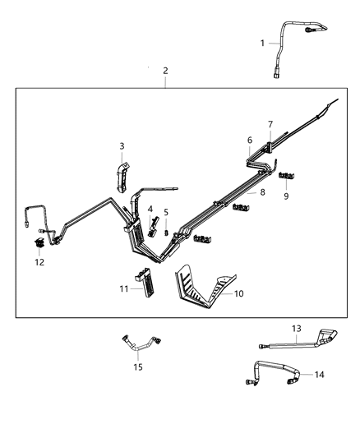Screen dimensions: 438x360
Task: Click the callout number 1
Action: coord(263,43)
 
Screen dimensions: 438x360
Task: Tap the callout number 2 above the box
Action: coord(165,71)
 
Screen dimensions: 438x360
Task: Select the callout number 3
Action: coord(122,146)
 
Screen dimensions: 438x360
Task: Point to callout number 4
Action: coord(150,210)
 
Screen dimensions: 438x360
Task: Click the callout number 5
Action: coord(165,213)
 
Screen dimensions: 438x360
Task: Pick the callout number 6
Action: coord(250,141)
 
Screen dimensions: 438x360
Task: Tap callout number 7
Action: coord(269,124)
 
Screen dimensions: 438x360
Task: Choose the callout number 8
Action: coord(262,192)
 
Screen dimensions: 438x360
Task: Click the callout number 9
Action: coord(286,196)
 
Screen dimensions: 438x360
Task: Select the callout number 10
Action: coord(239,293)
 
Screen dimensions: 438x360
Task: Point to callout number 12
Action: coord(39,262)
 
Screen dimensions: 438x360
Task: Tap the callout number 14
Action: coord(319,374)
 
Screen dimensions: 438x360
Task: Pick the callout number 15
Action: coord(138,367)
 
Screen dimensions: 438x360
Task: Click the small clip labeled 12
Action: coord(39,243)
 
